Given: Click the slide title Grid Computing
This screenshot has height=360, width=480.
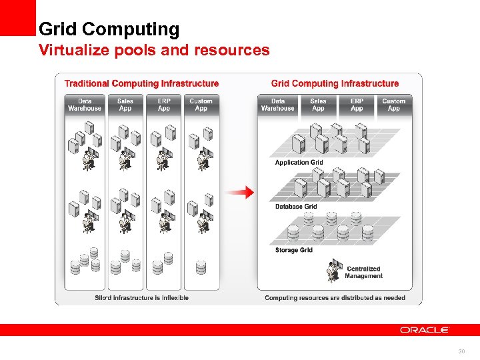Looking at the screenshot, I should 109,29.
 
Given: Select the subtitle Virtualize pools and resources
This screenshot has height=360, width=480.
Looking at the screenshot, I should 154,50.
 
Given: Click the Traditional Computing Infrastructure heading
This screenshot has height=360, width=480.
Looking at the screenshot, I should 141,83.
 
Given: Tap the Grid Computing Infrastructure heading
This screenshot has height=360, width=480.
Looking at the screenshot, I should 335,83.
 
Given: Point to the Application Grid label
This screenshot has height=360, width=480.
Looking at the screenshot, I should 299,162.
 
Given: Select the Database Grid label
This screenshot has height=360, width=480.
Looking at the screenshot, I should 296,207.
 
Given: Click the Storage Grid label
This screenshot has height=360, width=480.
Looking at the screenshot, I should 293,250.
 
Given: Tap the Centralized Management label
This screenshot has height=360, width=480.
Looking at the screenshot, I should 363,273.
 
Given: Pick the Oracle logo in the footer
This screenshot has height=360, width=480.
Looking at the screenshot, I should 425,330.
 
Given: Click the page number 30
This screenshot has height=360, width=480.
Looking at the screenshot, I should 461,351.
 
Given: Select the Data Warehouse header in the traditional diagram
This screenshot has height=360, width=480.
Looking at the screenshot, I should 85,105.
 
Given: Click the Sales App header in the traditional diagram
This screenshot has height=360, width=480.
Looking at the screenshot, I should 125,105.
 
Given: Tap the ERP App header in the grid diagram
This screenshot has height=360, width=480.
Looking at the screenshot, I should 357,105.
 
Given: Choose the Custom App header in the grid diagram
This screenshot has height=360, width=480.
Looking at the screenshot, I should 393,105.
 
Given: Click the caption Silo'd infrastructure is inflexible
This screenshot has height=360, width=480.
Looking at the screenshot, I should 141,298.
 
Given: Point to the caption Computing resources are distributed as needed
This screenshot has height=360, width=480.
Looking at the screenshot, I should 335,298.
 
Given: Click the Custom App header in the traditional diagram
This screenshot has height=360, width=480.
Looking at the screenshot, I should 201,105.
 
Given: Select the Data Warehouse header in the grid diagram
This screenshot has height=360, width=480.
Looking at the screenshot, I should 278,105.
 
